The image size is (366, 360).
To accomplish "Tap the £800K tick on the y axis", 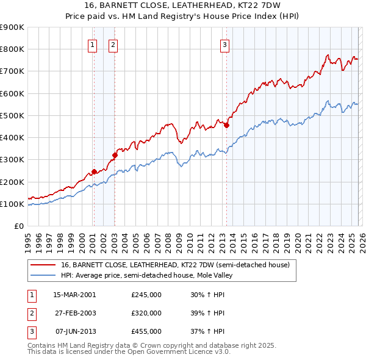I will pos(12,49).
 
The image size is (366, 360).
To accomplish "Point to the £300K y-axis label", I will pos(12,160).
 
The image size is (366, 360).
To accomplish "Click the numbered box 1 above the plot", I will pos(92,44).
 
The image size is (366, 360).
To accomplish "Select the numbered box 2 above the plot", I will pos(113,44).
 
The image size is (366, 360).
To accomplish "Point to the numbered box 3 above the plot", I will pos(224,44).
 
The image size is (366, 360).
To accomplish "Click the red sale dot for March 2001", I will pos(94,171).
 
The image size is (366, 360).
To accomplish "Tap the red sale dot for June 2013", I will pos(226,125).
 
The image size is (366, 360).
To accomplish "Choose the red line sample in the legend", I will pos(43,265).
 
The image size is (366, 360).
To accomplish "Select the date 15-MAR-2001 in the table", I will pos(74,295).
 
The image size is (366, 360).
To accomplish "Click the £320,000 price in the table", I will pos(146,313).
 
